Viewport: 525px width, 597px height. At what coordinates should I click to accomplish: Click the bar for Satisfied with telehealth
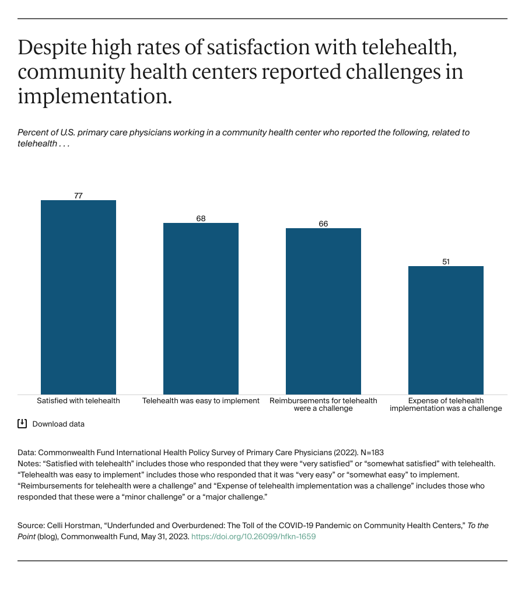point(78,297)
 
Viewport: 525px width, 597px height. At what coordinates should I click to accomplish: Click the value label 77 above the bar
point(78,195)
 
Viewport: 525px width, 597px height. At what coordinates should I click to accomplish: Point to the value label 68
point(201,218)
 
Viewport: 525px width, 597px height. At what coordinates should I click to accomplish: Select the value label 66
point(323,224)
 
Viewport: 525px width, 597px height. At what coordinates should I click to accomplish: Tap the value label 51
point(446,261)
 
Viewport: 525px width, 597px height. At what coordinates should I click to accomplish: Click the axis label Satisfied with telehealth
point(78,401)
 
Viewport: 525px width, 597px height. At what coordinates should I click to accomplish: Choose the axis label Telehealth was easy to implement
point(201,401)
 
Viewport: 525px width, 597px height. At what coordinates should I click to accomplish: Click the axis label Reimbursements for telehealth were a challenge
point(323,404)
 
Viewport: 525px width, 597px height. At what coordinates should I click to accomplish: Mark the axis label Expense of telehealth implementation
point(446,404)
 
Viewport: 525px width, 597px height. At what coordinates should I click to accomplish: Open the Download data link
point(58,424)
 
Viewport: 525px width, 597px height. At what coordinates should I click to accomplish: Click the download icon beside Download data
point(22,424)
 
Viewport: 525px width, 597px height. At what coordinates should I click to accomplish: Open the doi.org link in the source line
point(253,536)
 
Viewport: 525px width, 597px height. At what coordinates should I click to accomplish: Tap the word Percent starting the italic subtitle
point(33,132)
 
